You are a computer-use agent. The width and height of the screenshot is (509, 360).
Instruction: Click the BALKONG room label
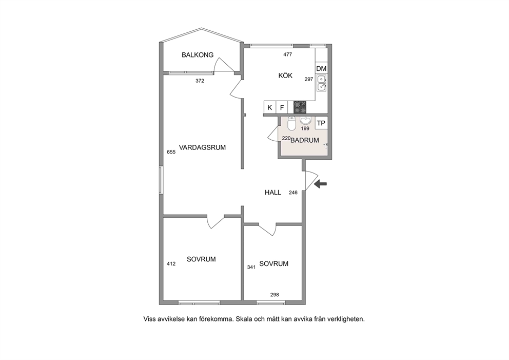tap(198, 55)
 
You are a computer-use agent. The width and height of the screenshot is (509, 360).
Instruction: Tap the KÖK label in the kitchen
tap(285, 75)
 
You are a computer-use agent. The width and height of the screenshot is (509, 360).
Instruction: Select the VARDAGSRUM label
tap(202, 147)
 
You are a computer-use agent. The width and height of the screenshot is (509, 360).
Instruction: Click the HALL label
tap(272, 193)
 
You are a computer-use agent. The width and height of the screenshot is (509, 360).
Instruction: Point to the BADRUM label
tap(304, 140)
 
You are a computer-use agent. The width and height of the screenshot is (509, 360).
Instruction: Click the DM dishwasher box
tap(321, 68)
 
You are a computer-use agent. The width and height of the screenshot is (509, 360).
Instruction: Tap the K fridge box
tap(269, 107)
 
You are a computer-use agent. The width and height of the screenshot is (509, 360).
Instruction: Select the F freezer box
tap(282, 107)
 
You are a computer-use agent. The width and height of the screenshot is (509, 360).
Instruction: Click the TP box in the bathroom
tap(321, 123)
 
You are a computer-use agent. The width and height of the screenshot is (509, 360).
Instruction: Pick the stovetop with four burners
tap(300, 107)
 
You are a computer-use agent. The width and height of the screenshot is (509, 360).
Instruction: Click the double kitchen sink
tap(322, 83)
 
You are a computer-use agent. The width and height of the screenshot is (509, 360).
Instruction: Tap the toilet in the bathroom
tap(291, 123)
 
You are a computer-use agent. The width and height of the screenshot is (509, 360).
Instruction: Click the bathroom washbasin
tap(305, 121)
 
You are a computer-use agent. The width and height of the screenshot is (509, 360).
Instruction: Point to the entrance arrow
tap(321, 184)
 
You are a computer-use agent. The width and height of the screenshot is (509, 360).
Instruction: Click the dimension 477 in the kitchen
tap(288, 54)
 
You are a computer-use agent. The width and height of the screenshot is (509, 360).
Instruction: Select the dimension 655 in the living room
tap(171, 151)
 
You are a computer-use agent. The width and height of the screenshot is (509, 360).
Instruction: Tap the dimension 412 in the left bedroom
tap(171, 264)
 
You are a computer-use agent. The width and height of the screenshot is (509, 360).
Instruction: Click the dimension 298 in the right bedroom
tap(275, 295)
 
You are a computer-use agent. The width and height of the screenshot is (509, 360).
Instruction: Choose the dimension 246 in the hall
tap(293, 193)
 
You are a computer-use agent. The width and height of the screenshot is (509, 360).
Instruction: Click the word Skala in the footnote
tap(243, 319)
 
